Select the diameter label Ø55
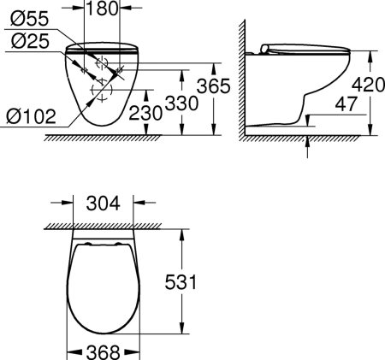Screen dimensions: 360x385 click(x=22, y=16)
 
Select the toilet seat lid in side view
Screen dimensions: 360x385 click(x=299, y=48)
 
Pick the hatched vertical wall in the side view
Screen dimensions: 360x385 click(x=240, y=77)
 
